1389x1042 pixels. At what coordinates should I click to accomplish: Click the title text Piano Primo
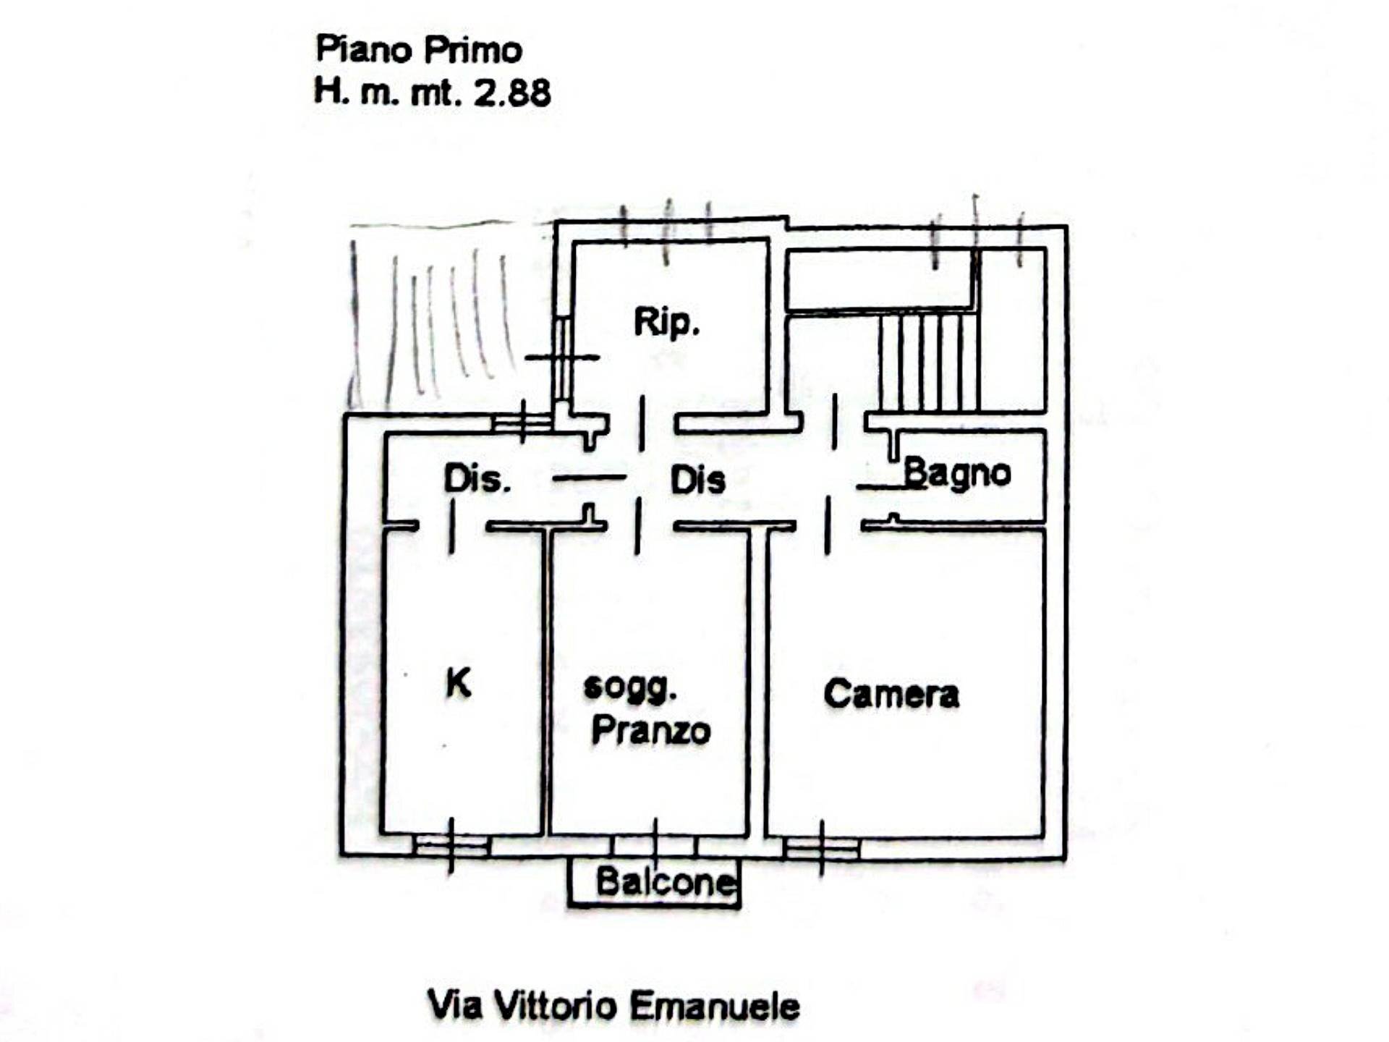[x=419, y=51]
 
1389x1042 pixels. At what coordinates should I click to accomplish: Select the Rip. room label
[x=666, y=323]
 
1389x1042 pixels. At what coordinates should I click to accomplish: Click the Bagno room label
[x=956, y=474]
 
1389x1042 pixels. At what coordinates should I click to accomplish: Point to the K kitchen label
[x=459, y=682]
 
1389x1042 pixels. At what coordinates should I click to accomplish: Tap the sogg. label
[x=630, y=687]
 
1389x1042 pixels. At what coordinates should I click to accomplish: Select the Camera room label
[x=891, y=694]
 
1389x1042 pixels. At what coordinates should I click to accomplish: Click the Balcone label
[x=664, y=882]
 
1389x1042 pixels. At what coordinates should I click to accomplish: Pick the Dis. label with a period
[x=477, y=479]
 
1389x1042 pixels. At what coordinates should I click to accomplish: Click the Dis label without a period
[x=697, y=480]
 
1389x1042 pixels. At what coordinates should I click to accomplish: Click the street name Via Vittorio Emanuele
[x=613, y=1006]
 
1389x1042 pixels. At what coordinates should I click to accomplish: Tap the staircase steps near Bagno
[x=929, y=362]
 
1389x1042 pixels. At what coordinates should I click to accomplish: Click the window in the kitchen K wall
[x=451, y=846]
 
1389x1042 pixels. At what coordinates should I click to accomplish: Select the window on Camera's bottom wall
[x=822, y=847]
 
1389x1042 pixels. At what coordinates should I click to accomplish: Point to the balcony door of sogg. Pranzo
[x=655, y=845]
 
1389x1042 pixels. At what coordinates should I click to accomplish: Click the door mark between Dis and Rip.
[x=642, y=423]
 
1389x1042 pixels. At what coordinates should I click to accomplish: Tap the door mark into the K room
[x=452, y=528]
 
